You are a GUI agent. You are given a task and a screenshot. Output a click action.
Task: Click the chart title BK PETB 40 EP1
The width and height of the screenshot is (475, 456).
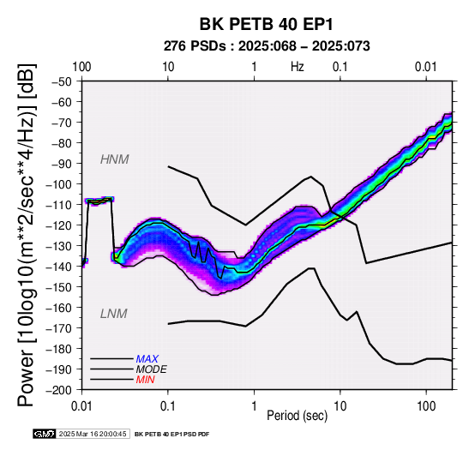click(x=266, y=24)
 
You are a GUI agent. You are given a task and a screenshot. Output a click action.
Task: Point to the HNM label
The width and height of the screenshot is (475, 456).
click(x=115, y=159)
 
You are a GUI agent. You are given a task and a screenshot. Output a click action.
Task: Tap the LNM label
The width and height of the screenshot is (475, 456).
click(x=113, y=314)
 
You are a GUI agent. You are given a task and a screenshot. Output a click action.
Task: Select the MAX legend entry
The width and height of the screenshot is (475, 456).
click(x=147, y=359)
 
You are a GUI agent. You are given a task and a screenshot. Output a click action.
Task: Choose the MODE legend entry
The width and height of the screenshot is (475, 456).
click(x=151, y=369)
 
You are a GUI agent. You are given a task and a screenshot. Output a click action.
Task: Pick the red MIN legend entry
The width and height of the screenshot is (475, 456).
click(x=145, y=380)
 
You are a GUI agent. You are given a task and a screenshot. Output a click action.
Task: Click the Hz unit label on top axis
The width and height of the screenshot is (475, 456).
click(x=298, y=67)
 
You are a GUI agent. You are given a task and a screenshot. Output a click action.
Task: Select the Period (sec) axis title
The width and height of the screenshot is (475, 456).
click(x=297, y=416)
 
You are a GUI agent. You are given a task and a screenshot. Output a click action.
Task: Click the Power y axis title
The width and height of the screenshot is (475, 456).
click(x=26, y=235)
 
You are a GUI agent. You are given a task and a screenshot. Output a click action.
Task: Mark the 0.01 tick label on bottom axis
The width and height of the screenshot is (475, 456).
click(x=81, y=406)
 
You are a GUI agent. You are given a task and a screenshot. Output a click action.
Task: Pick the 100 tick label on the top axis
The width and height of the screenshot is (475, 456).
click(x=81, y=67)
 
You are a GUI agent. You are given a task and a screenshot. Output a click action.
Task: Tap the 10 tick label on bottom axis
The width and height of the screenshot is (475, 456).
click(x=340, y=406)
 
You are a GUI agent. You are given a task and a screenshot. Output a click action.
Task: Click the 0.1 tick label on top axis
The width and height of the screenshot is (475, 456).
click(x=340, y=67)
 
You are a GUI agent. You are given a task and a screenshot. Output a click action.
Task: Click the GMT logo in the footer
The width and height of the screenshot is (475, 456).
click(x=45, y=434)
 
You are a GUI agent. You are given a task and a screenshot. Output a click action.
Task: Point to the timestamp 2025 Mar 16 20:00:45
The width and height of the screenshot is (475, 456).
click(x=93, y=434)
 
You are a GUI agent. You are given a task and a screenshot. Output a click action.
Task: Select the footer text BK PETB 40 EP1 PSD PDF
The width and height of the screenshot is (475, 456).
click(x=171, y=435)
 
